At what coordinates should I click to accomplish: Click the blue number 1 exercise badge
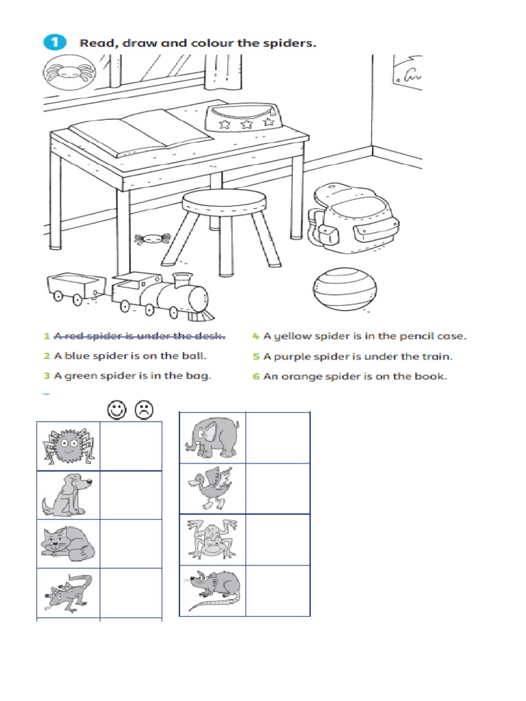point(55,42)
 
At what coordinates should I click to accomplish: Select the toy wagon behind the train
point(74,287)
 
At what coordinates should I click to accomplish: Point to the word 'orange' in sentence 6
point(297,377)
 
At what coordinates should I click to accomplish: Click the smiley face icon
point(117,410)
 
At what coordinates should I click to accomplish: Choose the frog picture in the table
point(212,539)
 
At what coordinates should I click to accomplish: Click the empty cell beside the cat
point(131,544)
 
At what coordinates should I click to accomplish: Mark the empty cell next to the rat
point(277,590)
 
